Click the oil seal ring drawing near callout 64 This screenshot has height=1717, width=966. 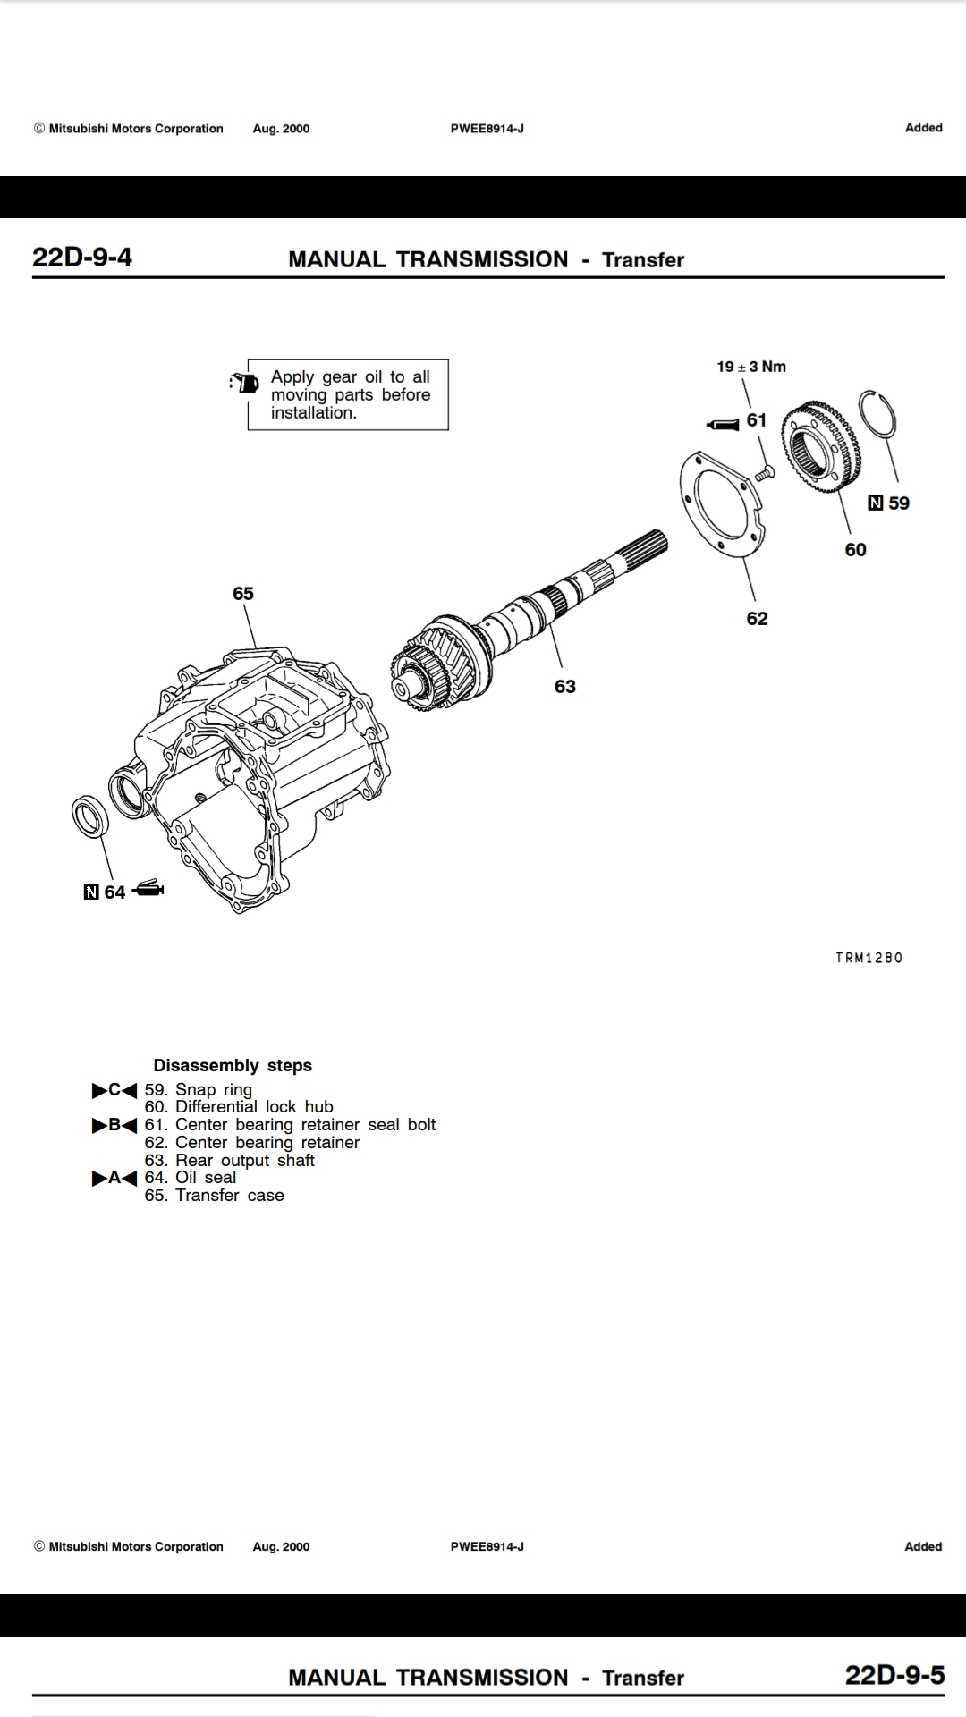pos(90,816)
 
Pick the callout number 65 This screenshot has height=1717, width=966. pos(243,594)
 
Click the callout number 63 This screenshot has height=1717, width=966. pos(565,687)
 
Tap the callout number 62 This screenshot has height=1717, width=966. pos(757,619)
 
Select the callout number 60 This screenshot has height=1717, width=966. pos(855,550)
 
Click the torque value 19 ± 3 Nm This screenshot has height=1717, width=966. pos(751,367)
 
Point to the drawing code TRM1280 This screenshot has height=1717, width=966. pos(869,958)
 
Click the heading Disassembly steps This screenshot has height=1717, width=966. pos(233,1066)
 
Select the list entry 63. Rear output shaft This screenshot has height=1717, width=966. pos(230,1161)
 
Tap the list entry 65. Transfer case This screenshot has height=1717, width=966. pos(215,1196)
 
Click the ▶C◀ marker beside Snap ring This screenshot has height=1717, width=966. pos(114,1090)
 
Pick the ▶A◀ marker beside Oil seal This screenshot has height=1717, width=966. pos(114,1178)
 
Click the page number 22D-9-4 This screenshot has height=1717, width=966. pos(82,258)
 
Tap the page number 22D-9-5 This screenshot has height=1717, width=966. pos(894,1675)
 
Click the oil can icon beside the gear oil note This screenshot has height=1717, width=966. pos(242,382)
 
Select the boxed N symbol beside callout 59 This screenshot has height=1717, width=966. pos(876,503)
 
